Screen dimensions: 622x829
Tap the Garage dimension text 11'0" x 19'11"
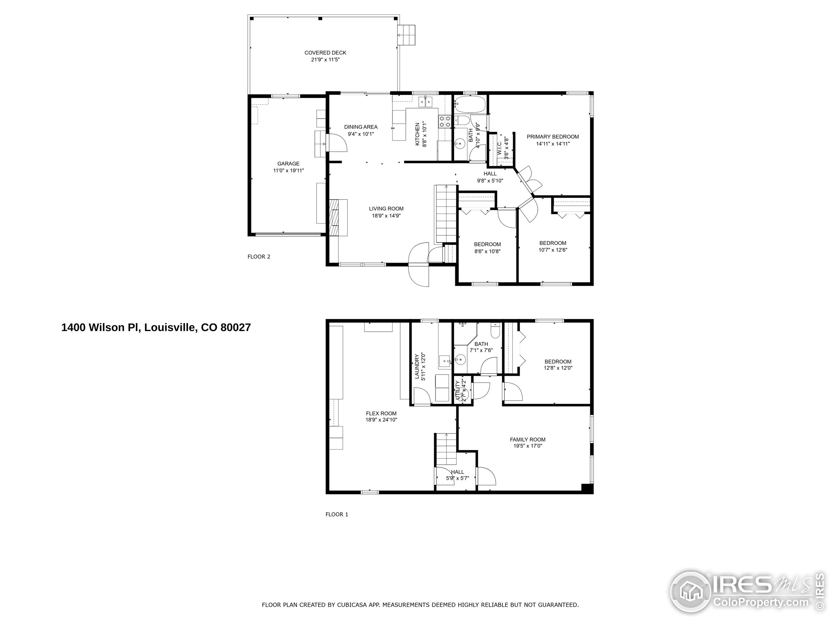tap(288, 171)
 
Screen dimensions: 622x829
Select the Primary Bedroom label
tap(552, 137)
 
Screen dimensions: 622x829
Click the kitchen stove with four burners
tap(445, 121)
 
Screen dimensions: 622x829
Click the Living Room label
tap(386, 209)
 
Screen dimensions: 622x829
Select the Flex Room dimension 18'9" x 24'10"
tap(381, 420)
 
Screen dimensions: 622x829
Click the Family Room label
tap(527, 439)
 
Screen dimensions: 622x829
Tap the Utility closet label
tap(458, 391)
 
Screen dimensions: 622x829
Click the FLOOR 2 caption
tap(259, 257)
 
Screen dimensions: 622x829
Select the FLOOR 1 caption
tap(336, 514)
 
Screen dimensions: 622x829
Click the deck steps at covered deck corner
tap(407, 35)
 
